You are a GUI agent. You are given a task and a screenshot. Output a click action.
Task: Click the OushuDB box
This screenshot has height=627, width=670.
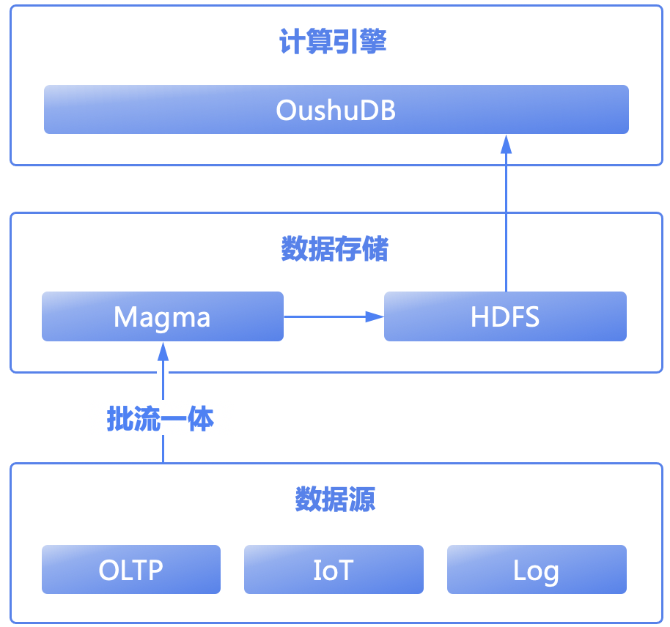pos(336,109)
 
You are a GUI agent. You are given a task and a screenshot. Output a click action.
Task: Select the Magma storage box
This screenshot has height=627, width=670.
pos(163,316)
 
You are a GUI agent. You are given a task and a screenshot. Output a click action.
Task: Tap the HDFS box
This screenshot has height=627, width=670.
pos(505,316)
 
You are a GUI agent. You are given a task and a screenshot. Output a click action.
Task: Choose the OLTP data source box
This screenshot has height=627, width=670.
pos(131,569)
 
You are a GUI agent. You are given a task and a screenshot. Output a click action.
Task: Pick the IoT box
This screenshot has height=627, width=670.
pos(334,569)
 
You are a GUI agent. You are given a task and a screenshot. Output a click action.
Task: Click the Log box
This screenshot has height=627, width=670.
pos(537,569)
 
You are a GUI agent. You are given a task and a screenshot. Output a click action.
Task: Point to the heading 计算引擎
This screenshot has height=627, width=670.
pos(333,42)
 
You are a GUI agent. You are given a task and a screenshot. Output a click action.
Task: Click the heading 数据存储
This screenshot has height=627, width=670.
pos(334,248)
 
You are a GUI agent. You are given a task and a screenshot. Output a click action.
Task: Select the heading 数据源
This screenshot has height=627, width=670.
pos(335,499)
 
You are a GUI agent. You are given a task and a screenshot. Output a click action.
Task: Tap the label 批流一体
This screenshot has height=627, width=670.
pos(161,419)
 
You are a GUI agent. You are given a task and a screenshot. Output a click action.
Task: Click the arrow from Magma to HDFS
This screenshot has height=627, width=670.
pos(334,316)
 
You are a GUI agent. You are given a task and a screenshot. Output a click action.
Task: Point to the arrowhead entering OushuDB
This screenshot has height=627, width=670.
pos(507,144)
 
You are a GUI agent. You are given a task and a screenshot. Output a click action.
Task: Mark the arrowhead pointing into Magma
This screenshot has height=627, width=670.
pos(163,351)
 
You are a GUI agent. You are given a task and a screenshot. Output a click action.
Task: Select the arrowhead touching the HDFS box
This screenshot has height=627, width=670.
pos(375,316)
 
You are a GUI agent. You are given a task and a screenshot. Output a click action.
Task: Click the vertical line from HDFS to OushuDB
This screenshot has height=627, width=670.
pos(507,213)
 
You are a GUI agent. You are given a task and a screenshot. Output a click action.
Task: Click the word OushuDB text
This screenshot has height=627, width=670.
pos(336,110)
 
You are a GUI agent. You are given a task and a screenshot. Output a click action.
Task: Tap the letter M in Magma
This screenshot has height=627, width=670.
pos(124,317)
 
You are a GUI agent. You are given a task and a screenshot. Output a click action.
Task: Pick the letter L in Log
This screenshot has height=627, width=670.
pos(519,570)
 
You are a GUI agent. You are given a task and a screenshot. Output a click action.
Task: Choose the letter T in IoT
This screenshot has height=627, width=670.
pos(345,570)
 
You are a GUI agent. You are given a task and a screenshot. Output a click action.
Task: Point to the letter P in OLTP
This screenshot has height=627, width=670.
pos(155,570)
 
